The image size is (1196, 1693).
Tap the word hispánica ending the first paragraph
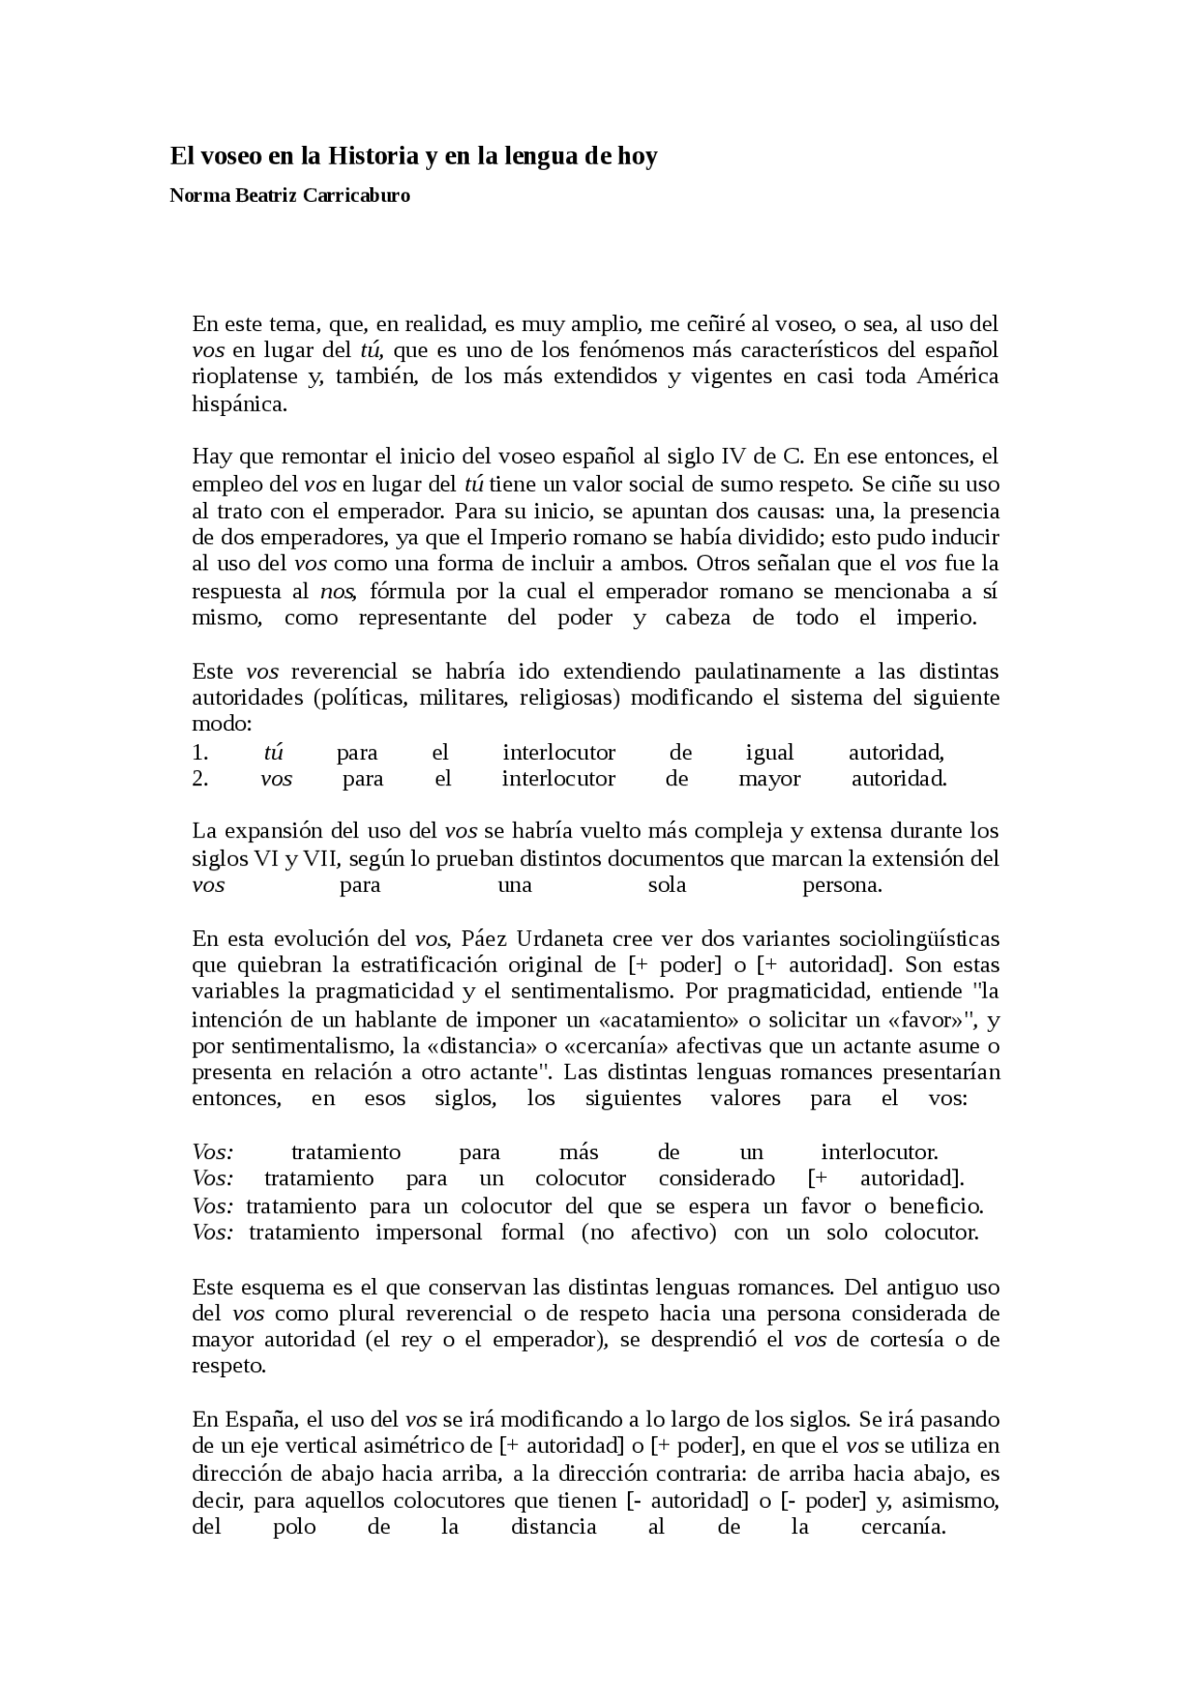pyautogui.click(x=238, y=404)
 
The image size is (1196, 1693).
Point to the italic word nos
pyautogui.click(x=335, y=592)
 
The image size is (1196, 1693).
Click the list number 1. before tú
pyautogui.click(x=199, y=753)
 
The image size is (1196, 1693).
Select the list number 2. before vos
pyautogui.click(x=199, y=779)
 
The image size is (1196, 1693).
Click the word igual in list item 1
pyautogui.click(x=769, y=753)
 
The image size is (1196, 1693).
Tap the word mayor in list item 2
pyautogui.click(x=769, y=779)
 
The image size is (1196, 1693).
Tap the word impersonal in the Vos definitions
pyautogui.click(x=429, y=1232)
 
